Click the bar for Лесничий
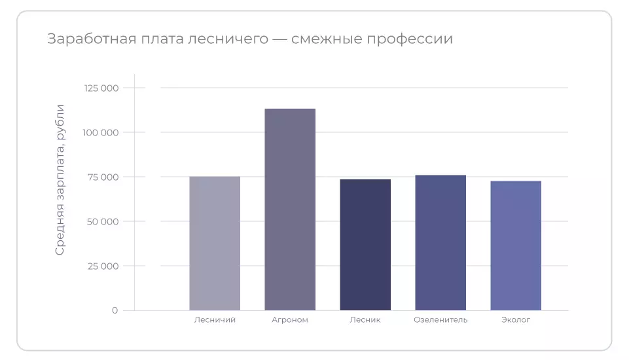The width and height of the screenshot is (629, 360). coord(215,243)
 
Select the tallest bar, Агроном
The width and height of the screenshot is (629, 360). coord(290,209)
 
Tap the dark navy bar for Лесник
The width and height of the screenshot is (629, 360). coord(365,245)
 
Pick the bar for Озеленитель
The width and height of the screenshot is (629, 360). coord(440,243)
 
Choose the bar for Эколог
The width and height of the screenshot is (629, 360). coord(516,245)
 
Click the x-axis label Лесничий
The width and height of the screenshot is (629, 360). coord(215,320)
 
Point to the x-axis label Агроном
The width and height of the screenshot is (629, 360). coord(290,320)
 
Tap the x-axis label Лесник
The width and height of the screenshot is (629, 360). coord(365,320)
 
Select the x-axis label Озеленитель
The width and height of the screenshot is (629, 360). coord(440,320)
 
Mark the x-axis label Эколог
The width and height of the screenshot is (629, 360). coord(516,320)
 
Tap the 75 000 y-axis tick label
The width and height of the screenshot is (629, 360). coord(103,177)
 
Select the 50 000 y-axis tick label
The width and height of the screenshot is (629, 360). coord(102,222)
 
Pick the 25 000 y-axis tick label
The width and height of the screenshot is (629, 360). coord(103,266)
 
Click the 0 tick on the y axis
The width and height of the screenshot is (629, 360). coord(115,310)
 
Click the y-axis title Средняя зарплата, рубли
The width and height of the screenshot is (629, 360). coord(60,179)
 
